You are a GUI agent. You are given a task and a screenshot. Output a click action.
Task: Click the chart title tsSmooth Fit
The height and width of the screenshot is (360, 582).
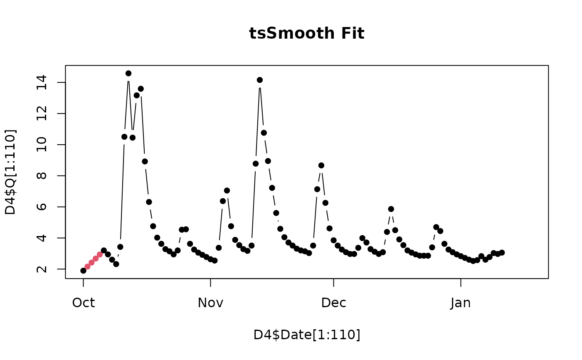307,33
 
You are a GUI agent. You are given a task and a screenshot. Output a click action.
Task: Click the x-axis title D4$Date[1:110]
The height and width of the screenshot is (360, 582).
307,335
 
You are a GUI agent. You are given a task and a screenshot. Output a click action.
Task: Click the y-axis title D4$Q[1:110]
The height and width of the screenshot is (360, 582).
10,172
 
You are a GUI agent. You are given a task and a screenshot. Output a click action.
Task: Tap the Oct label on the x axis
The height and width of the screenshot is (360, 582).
84,303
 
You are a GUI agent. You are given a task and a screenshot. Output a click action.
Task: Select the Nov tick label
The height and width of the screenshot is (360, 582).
210,303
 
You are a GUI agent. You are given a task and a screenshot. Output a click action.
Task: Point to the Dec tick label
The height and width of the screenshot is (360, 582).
333,303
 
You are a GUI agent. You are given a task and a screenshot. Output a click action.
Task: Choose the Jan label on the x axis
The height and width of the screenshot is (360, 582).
461,303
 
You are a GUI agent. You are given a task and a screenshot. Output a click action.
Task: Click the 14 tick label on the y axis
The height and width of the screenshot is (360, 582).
42,82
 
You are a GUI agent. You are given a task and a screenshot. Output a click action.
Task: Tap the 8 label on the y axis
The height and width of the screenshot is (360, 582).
42,176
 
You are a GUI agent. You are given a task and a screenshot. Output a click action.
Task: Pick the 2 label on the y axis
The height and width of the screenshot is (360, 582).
42,269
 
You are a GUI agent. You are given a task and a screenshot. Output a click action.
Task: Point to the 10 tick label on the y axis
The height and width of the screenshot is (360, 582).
42,145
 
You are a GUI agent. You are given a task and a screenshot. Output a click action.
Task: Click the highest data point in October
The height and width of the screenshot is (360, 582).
128,74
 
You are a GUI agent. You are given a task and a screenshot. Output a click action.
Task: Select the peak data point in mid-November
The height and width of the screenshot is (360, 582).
260,80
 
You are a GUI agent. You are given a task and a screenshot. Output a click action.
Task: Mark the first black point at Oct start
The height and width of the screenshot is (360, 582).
84,271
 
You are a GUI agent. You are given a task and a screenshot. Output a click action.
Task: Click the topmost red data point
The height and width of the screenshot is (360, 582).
100,254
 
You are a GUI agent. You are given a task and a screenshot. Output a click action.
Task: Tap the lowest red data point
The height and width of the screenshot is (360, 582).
88,267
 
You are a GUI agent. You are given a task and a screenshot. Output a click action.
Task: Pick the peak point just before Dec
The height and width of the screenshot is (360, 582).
321,165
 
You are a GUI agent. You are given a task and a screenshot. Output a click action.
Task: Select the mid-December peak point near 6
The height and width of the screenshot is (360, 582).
391,209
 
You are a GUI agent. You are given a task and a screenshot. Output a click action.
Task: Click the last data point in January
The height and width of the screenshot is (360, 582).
502,252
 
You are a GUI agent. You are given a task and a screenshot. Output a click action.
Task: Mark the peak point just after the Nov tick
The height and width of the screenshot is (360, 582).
227,191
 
